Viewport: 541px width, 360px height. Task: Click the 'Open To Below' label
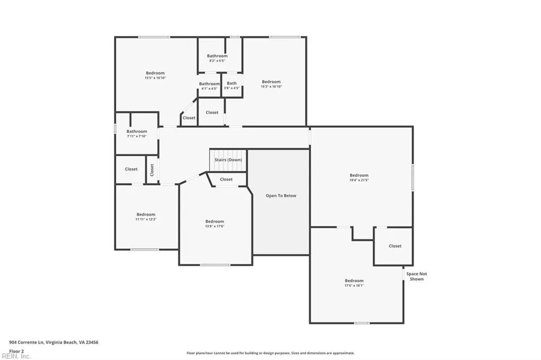click(x=281, y=196)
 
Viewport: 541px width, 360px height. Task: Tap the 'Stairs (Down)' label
click(x=228, y=160)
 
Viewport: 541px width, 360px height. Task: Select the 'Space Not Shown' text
click(x=416, y=276)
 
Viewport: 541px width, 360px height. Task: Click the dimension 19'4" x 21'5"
click(x=359, y=181)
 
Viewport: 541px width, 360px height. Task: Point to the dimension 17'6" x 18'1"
click(x=354, y=286)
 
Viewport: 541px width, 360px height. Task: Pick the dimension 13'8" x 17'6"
click(x=214, y=226)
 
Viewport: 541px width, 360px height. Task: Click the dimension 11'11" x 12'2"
click(x=146, y=219)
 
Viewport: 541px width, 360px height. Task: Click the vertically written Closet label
click(x=152, y=170)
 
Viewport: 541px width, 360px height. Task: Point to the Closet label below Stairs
click(x=226, y=179)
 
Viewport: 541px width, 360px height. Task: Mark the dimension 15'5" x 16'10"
click(x=155, y=78)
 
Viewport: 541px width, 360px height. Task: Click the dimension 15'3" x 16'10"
click(x=271, y=87)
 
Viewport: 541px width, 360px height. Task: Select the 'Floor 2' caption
click(x=17, y=350)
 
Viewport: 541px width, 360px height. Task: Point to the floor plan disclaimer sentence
click(x=270, y=353)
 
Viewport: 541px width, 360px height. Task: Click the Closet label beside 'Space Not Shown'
click(x=395, y=246)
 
